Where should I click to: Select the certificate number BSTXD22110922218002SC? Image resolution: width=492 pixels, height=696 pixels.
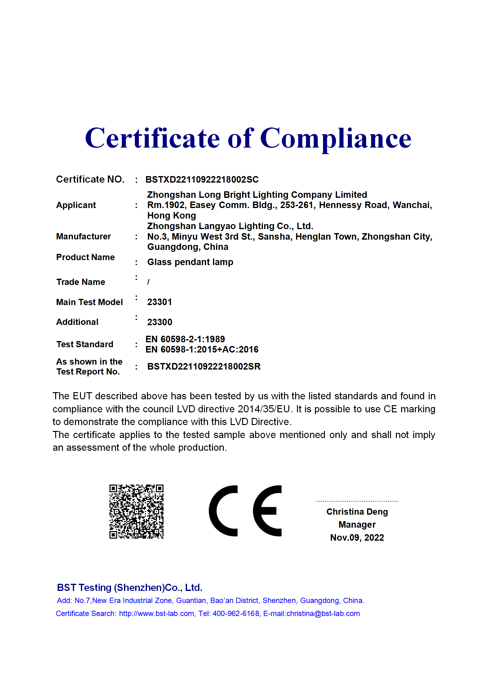pyautogui.click(x=202, y=180)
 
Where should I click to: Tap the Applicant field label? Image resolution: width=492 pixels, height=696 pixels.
pyautogui.click(x=76, y=205)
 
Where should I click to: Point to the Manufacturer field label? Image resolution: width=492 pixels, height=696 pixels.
pyautogui.click(x=83, y=237)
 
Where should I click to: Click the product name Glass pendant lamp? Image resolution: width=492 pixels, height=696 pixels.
pyautogui.click(x=190, y=262)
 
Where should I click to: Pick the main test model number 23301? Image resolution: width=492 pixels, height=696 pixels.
pyautogui.click(x=159, y=302)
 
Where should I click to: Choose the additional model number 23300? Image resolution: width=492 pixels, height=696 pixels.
pyautogui.click(x=159, y=322)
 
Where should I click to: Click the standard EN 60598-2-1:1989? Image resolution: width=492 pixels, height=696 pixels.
pyautogui.click(x=185, y=339)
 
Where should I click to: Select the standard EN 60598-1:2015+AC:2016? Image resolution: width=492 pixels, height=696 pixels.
pyautogui.click(x=202, y=350)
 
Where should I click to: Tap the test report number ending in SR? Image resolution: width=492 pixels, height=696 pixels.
pyautogui.click(x=204, y=366)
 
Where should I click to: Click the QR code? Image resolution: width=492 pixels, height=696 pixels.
pyautogui.click(x=136, y=512)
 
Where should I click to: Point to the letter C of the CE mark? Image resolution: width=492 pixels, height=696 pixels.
pyautogui.click(x=223, y=511)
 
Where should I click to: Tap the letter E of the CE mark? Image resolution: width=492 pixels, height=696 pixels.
pyautogui.click(x=267, y=511)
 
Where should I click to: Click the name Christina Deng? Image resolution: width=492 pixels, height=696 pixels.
pyautogui.click(x=357, y=512)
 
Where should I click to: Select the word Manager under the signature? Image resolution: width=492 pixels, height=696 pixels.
pyautogui.click(x=357, y=525)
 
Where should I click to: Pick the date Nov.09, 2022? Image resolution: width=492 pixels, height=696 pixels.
pyautogui.click(x=357, y=538)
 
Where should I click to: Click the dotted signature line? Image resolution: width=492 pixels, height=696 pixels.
pyautogui.click(x=357, y=501)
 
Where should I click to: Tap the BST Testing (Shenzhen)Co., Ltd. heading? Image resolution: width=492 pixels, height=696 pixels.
pyautogui.click(x=130, y=587)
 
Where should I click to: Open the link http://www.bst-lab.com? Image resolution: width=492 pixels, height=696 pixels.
pyautogui.click(x=157, y=614)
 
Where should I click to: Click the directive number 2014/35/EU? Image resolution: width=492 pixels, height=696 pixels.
pyautogui.click(x=264, y=409)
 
